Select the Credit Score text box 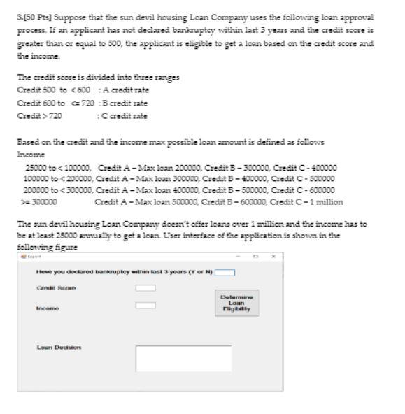point(145,287)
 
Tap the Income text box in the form point(145,305)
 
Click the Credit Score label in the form point(56,288)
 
